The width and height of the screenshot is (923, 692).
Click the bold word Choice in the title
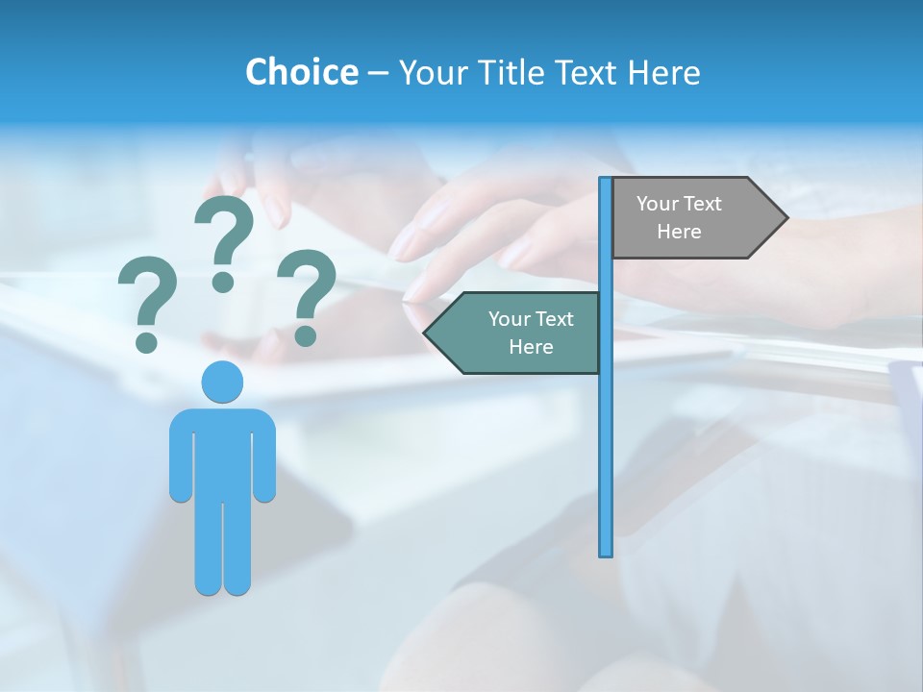pyautogui.click(x=301, y=72)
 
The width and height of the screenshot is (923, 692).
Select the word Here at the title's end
pyautogui.click(x=663, y=72)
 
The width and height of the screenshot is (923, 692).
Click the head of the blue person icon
pyautogui.click(x=222, y=382)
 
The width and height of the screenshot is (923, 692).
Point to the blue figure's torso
pyautogui.click(x=222, y=452)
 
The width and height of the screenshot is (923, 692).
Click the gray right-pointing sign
pyautogui.click(x=692, y=217)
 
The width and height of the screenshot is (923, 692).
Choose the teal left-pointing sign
pyautogui.click(x=519, y=333)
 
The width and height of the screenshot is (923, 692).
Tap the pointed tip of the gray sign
pyautogui.click(x=783, y=217)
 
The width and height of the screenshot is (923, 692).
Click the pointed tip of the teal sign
pyautogui.click(x=429, y=334)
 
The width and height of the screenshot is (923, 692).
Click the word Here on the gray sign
pyautogui.click(x=679, y=232)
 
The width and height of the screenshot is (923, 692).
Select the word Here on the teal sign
pyautogui.click(x=531, y=347)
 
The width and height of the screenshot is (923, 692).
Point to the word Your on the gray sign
pyautogui.click(x=658, y=204)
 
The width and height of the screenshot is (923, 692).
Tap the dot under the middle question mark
pyautogui.click(x=223, y=281)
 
